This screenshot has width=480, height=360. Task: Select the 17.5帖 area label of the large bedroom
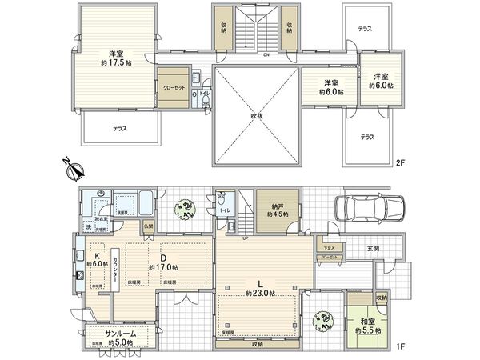pos(115,62)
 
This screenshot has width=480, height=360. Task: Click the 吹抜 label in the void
pos(256,116)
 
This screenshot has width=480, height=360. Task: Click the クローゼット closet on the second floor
pos(171,88)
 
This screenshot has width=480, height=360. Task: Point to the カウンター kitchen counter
pos(116,268)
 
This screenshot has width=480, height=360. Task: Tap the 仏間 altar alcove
pos(148,226)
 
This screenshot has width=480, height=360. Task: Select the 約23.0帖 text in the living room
pos(261,294)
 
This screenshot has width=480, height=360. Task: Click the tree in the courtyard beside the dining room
pos(186,209)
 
